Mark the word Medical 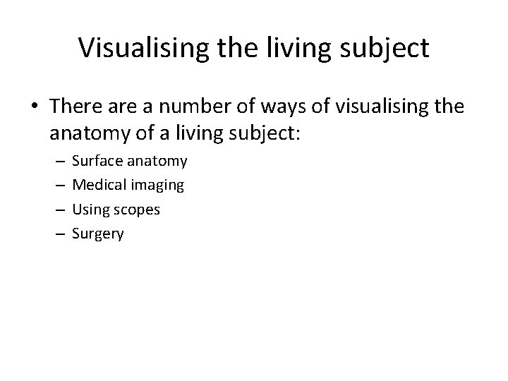point(97,185)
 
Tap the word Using point(90,210)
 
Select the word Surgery point(98,234)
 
